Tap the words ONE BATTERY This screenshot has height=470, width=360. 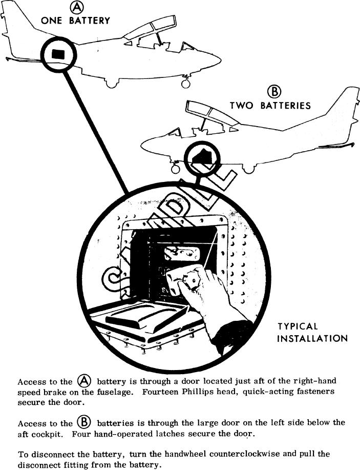pos(76,21)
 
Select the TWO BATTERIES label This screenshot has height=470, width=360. pos(270,106)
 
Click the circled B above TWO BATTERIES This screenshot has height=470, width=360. pos(275,92)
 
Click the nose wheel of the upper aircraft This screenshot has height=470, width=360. pos(185,81)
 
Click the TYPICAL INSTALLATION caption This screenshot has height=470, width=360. pos(312,332)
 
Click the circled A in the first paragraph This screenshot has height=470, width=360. pos(84,381)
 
